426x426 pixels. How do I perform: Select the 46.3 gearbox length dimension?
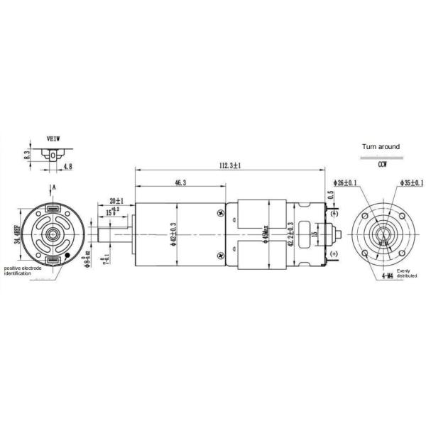[x=180, y=182]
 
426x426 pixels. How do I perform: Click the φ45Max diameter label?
[x=264, y=232]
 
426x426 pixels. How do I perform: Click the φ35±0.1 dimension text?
[x=411, y=182]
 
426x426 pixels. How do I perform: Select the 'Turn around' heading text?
[x=381, y=147]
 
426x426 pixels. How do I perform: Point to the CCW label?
[x=382, y=164]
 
